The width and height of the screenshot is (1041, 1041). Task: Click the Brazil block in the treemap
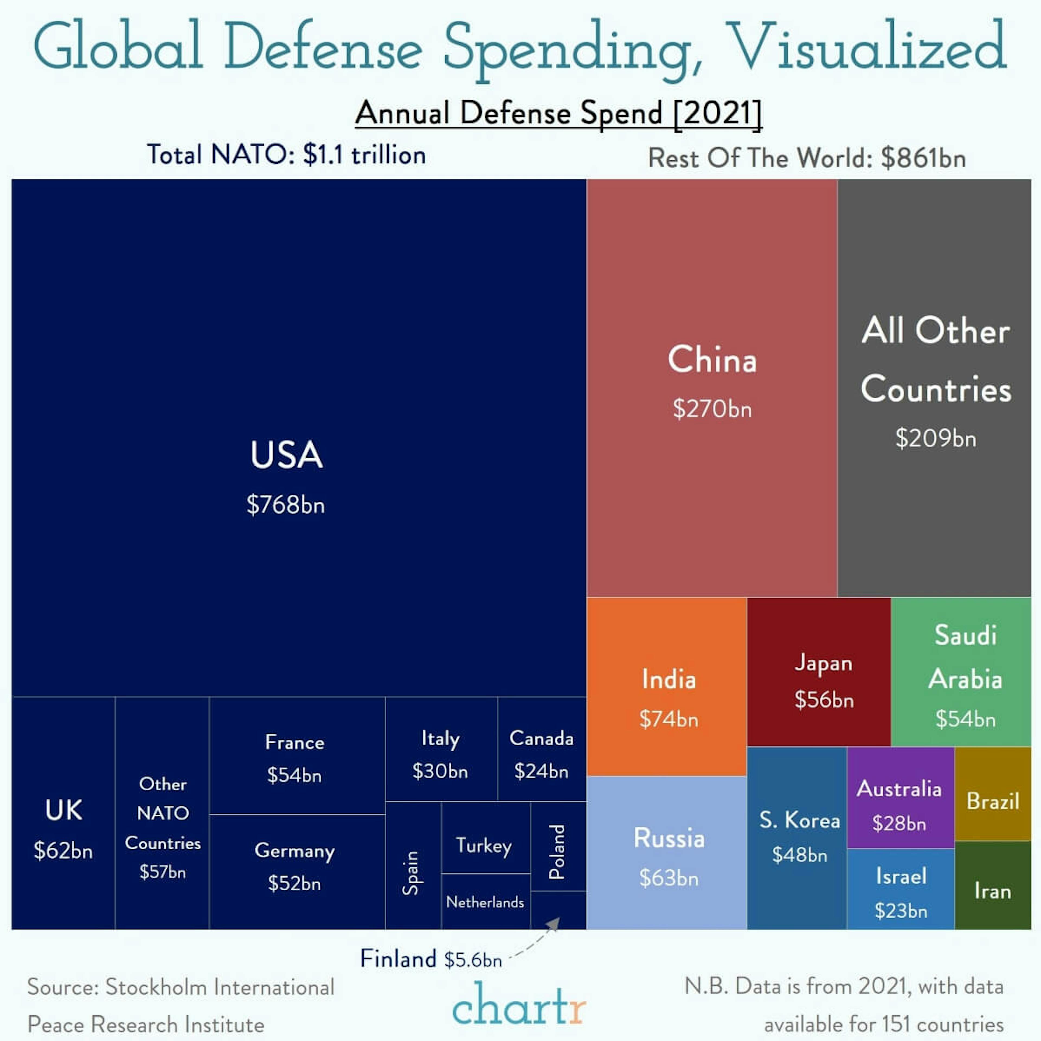(992, 801)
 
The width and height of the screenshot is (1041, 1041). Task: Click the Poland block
(558, 851)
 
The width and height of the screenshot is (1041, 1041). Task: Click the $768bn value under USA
(285, 505)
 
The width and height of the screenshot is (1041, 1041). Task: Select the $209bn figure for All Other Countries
(935, 438)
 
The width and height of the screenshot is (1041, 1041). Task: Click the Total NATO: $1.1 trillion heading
(286, 155)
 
